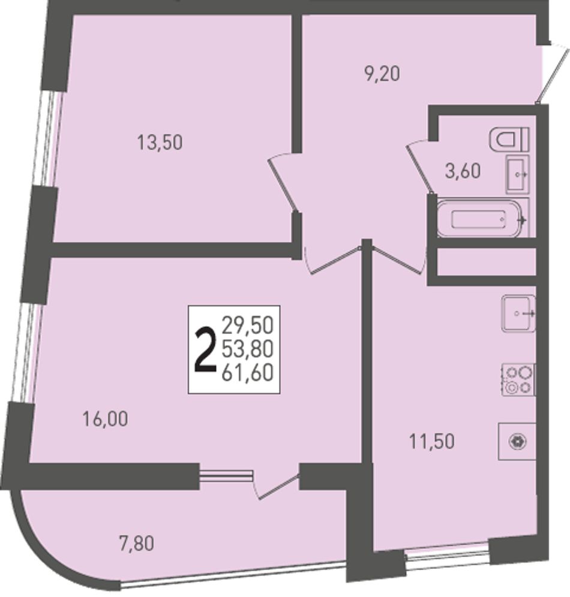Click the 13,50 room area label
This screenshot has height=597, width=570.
coord(160,143)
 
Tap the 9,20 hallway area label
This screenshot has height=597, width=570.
coord(382,74)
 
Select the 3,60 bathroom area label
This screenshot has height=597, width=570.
coord(463,171)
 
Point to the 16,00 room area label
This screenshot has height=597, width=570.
coord(105,419)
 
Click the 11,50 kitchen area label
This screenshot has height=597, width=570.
coord(431,442)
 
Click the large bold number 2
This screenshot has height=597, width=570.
coord(204,350)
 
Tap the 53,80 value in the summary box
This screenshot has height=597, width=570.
coord(248,349)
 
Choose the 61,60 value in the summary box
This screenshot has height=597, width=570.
coord(248,372)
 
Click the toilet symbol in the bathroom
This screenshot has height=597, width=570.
coord(509,139)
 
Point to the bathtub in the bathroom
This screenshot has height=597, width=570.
coord(483,219)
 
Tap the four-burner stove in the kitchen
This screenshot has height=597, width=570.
coord(518,380)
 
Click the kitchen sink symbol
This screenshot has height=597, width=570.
coord(519,313)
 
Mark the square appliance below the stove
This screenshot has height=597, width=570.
coord(517,442)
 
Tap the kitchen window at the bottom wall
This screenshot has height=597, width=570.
coord(446,557)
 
